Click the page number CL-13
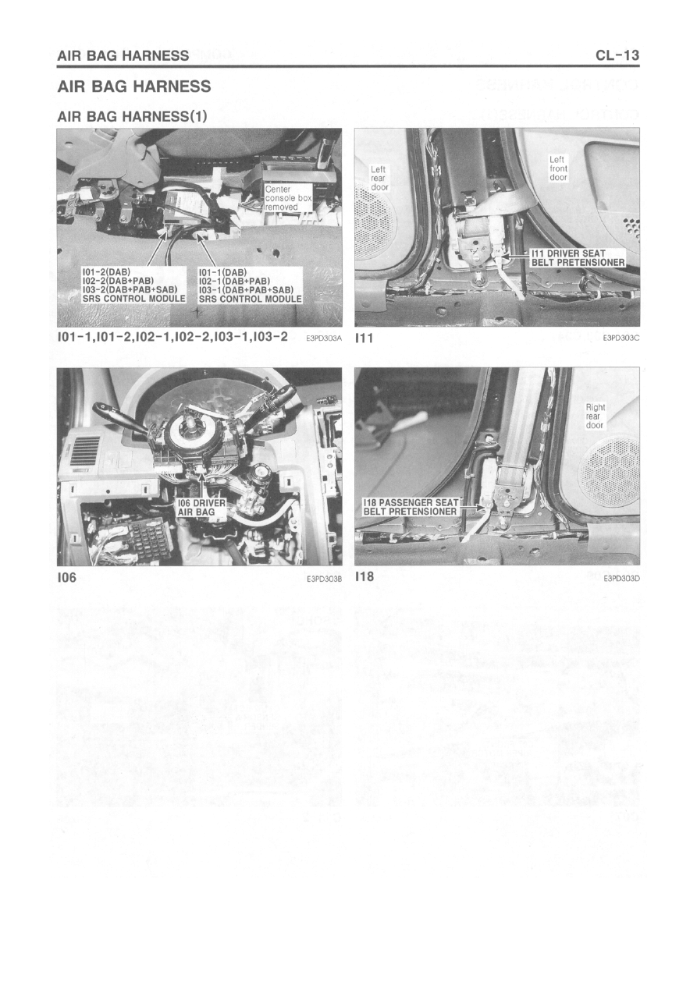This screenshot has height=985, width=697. coord(617,55)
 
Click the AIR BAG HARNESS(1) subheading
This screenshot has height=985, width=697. coord(132,116)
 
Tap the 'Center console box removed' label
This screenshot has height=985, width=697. coord(288,198)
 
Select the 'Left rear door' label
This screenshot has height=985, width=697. coord(379,178)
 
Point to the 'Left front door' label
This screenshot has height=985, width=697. coord(558,168)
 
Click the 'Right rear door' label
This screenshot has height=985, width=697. coord(595,416)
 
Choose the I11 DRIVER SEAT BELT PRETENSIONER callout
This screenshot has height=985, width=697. coord(577,258)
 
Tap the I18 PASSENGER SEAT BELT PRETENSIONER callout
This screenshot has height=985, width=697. coord(411,507)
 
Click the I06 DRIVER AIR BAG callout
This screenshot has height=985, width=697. coord(201,508)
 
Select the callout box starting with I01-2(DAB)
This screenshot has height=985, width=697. coord(133,285)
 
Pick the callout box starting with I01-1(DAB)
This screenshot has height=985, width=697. coord(250,285)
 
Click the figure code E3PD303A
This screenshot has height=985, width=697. coord(324,338)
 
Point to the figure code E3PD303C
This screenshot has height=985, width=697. coord(622,338)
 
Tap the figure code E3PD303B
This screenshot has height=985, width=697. coord(324,579)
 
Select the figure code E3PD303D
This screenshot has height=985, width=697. coord(622,579)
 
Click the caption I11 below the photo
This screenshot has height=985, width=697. coord(364,338)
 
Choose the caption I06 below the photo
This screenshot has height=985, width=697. coord(66,578)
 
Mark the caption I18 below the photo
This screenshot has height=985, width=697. coord(365,576)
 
